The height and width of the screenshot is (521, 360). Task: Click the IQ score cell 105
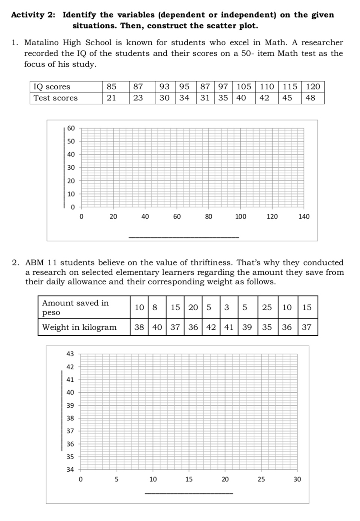pos(244,87)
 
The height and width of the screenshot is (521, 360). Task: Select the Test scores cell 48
pos(310,98)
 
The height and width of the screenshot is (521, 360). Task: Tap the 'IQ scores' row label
pos(52,87)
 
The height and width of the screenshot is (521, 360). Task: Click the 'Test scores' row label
pos(55,98)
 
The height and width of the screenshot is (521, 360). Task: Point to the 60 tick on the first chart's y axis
pos(71,128)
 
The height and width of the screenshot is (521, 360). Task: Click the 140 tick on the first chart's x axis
pos(304,217)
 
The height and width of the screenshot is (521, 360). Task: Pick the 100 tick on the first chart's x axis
pos(240,217)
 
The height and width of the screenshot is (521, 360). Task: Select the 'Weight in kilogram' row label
pos(79,327)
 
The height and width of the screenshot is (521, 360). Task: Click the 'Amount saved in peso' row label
pos(75,308)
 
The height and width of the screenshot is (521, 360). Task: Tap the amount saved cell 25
pos(267,308)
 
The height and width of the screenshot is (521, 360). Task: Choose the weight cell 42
pos(211,327)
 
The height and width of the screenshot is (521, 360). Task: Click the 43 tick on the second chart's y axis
pos(70,354)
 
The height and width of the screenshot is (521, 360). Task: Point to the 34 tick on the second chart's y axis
pos(70,470)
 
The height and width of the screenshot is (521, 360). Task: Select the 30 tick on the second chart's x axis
pos(297,479)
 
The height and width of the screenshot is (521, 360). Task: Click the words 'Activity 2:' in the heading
pos(33,15)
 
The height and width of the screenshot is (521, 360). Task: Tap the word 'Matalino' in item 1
pos(42,43)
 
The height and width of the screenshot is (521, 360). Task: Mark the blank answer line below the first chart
pos(184,237)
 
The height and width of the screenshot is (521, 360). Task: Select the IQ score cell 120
pos(313,87)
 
